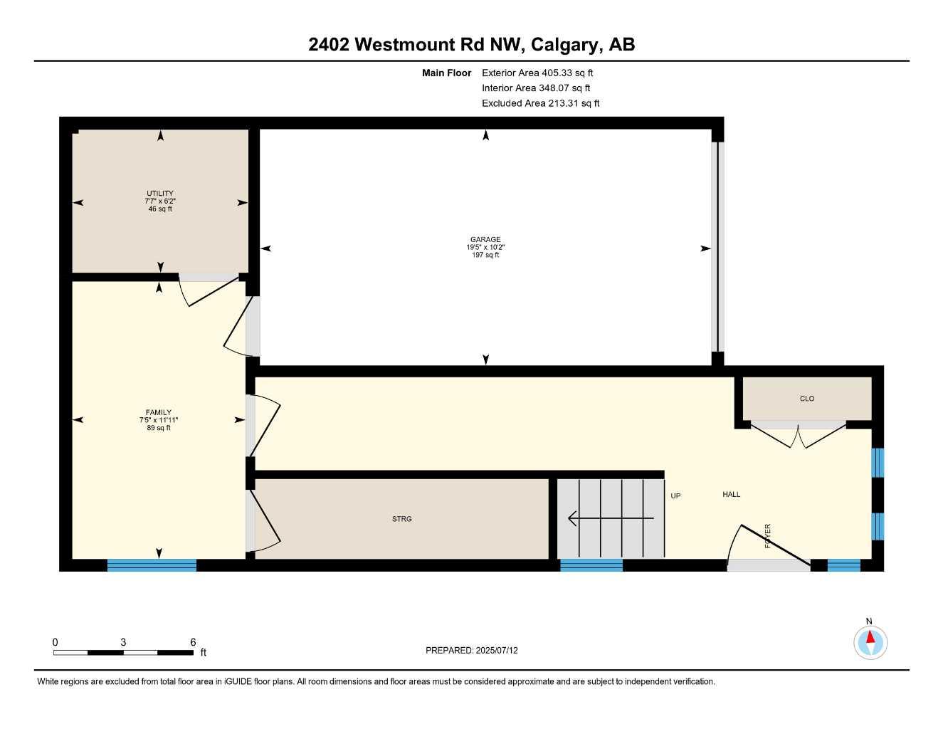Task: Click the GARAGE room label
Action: pos(485,240)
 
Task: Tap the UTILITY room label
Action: pos(160,194)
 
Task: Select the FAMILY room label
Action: pos(159,413)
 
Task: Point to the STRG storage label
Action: pos(402,519)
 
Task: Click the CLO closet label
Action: pos(807,399)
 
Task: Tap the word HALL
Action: pos(732,494)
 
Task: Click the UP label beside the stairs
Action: pos(675,495)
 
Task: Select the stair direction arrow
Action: pos(610,518)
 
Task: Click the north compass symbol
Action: pos(870,641)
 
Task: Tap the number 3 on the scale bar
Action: pos(123,642)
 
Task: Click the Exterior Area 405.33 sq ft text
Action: pos(537,73)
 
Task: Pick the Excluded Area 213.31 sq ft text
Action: pos(540,103)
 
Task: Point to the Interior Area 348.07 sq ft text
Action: pos(536,88)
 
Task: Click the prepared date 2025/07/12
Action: pos(497,650)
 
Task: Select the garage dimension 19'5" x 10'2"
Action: pos(485,248)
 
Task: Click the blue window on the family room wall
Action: pos(152,565)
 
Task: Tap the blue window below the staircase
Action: pos(591,565)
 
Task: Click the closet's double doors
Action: pos(799,435)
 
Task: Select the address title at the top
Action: pos(471,44)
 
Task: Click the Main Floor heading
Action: pos(446,73)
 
